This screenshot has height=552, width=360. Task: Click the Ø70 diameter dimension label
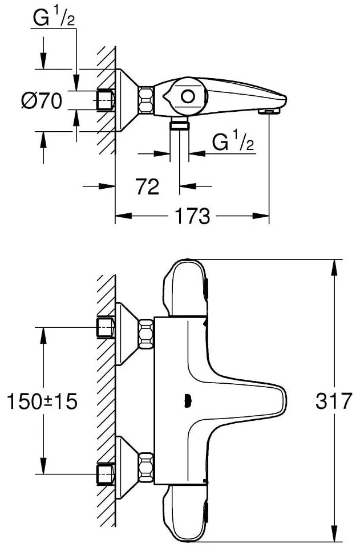(42, 102)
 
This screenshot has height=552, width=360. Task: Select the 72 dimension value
(147, 185)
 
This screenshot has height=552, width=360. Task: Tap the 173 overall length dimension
(192, 216)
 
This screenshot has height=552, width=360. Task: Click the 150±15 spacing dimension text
(42, 401)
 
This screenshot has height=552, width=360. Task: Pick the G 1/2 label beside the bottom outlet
(233, 143)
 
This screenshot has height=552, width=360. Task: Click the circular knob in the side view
(187, 96)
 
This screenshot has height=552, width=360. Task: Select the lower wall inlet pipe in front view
(106, 473)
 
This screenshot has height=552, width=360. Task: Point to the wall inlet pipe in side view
(106, 100)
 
